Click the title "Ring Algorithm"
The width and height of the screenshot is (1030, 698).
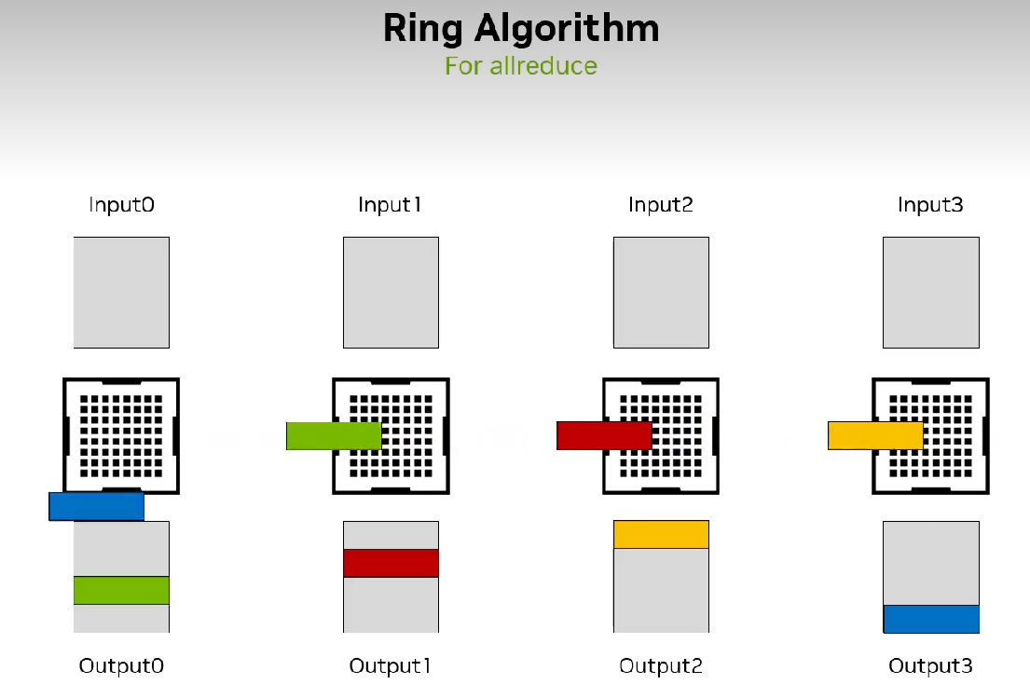click(x=520, y=29)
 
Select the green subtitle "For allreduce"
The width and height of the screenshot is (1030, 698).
click(x=520, y=66)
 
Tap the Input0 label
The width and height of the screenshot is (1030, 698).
click(x=121, y=204)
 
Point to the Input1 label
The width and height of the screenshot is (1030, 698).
click(x=391, y=204)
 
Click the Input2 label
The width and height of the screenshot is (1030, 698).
click(x=661, y=204)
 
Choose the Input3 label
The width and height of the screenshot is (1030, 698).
click(x=930, y=204)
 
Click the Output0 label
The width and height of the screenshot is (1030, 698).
click(x=121, y=665)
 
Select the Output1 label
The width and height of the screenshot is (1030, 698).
click(x=391, y=665)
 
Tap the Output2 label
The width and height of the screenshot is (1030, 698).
click(x=661, y=665)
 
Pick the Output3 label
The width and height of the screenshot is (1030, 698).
click(x=930, y=665)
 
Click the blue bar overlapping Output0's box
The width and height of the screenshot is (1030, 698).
click(x=96, y=506)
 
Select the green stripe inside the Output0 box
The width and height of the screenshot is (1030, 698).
click(x=121, y=590)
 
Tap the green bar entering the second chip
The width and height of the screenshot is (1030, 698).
click(x=334, y=436)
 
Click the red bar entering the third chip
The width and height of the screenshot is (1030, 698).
click(x=604, y=436)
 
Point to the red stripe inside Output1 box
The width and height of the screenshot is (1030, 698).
click(x=391, y=563)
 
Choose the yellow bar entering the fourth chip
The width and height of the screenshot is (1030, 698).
click(x=875, y=436)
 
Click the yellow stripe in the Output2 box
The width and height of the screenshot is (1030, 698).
click(x=661, y=534)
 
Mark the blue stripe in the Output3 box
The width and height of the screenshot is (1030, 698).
click(x=930, y=619)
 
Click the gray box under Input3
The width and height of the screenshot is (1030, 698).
click(x=930, y=292)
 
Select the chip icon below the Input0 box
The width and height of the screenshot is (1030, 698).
click(x=121, y=436)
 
